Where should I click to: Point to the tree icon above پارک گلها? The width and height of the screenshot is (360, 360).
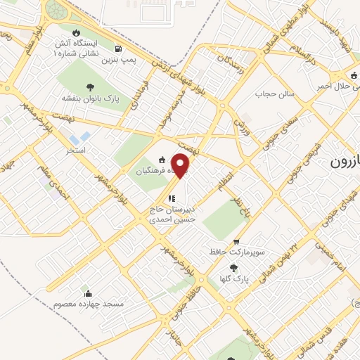pos(233,267)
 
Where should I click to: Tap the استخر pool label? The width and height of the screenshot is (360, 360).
pos(75,150)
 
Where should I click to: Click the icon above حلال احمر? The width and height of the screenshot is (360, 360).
pos(354,75)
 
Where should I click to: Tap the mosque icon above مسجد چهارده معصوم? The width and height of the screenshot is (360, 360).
pos(88,292)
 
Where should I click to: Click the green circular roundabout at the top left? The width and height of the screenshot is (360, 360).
pos(55,11)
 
